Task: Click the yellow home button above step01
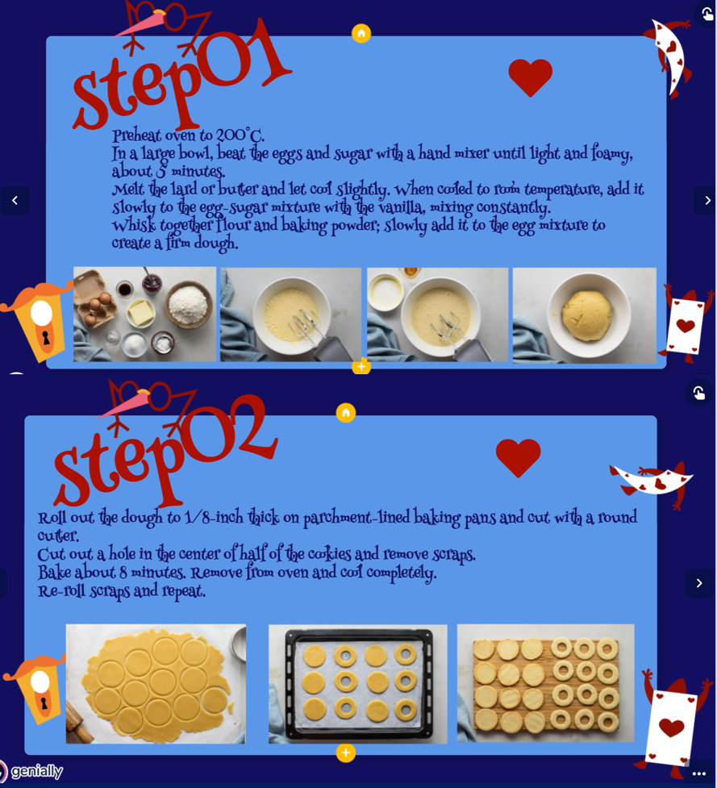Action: [361, 34]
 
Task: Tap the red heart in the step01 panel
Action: [530, 77]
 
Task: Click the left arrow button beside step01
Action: [15, 201]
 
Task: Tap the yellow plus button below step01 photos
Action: [361, 366]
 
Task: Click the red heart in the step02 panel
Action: [518, 457]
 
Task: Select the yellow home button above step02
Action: [346, 413]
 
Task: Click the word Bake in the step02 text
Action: [54, 573]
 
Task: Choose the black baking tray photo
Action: [358, 684]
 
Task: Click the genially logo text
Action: [36, 771]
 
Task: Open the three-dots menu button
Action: [699, 774]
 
